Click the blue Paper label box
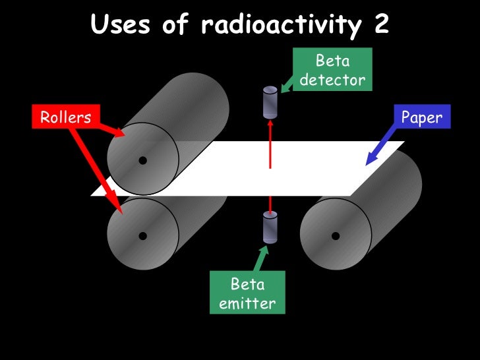click(x=421, y=118)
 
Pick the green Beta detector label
click(x=332, y=71)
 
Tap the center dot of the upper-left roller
click(x=142, y=159)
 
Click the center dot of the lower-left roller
click(x=142, y=235)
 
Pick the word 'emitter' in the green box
click(x=247, y=304)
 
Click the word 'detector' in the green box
click(x=332, y=80)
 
